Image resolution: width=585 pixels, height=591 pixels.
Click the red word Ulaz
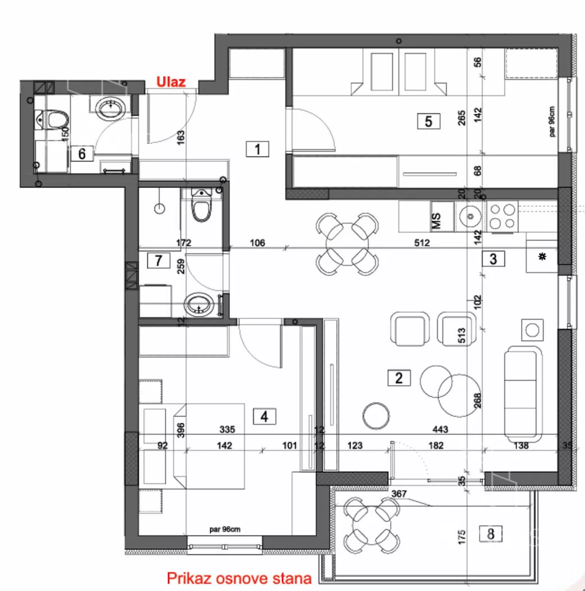pyautogui.click(x=171, y=82)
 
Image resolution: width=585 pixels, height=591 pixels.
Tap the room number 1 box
pyautogui.click(x=257, y=149)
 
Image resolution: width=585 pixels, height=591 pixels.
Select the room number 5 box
pyautogui.click(x=429, y=122)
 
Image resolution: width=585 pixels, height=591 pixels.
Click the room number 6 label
pyautogui.click(x=81, y=154)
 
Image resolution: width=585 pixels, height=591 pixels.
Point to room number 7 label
pyautogui.click(x=158, y=261)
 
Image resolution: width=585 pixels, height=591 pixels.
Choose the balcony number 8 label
pyautogui.click(x=491, y=534)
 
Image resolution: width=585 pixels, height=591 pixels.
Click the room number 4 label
pyautogui.click(x=264, y=417)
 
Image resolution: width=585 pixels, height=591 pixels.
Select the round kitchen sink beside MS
pyautogui.click(x=470, y=216)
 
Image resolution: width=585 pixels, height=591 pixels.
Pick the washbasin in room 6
pyautogui.click(x=110, y=108)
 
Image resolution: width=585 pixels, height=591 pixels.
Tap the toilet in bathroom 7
pyautogui.click(x=202, y=205)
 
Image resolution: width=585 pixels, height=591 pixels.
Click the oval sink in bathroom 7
pyautogui.click(x=199, y=304)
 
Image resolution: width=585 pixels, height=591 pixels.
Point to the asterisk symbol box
pyautogui.click(x=542, y=257)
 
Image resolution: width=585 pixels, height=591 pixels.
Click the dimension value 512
pyautogui.click(x=421, y=243)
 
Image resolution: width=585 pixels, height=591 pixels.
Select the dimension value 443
pyautogui.click(x=440, y=429)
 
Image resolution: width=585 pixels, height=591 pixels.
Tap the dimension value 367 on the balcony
pyautogui.click(x=399, y=494)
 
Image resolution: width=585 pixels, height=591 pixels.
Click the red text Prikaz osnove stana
pyautogui.click(x=239, y=578)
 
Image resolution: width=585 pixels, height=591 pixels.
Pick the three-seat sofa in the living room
pyautogui.click(x=523, y=394)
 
